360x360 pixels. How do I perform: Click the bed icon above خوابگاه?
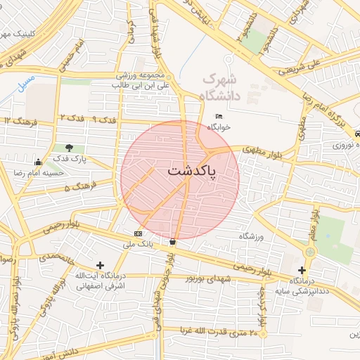click(x=219, y=116)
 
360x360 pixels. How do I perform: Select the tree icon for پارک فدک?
click(x=70, y=148)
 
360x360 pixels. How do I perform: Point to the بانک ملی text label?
click(x=138, y=244)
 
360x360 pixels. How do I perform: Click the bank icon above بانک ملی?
click(x=137, y=233)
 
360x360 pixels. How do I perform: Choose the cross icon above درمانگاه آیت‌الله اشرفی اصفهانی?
click(x=100, y=265)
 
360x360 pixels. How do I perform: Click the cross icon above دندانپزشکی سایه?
click(x=302, y=270)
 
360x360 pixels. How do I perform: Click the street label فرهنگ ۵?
click(x=77, y=188)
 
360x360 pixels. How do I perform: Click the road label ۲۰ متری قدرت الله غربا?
click(x=223, y=330)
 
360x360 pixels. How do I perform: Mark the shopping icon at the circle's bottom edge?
click(x=172, y=241)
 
